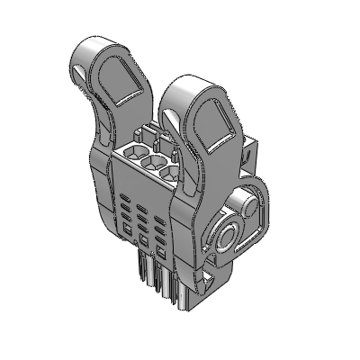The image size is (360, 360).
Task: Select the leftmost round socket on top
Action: [136, 150]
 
